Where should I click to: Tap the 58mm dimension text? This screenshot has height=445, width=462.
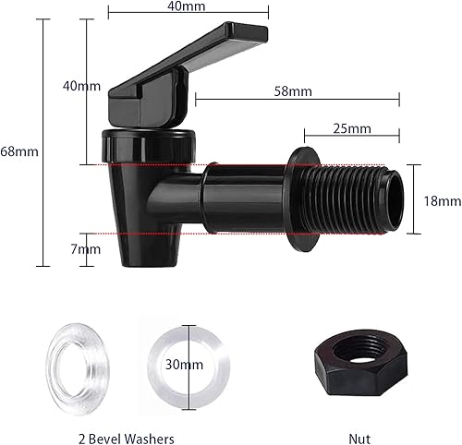(293, 91)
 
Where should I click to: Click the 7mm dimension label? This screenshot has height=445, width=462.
(89, 249)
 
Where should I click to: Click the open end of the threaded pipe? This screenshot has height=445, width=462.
(395, 198)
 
